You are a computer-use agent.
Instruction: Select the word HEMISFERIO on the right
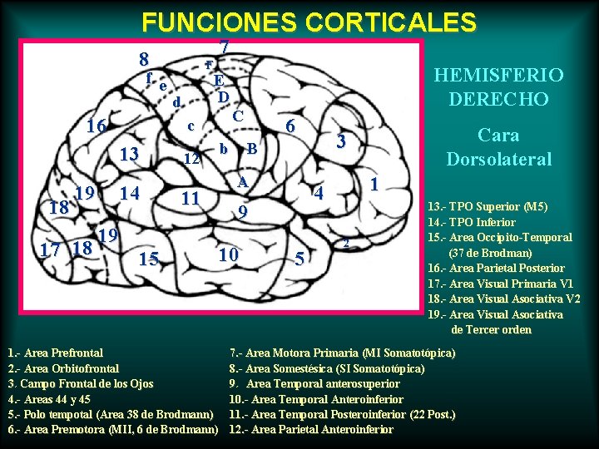[498, 75]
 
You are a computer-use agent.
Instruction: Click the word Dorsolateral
[498, 158]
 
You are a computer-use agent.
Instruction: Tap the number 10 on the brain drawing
[228, 254]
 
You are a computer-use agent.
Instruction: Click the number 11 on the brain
[191, 198]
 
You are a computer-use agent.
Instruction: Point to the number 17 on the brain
[53, 249]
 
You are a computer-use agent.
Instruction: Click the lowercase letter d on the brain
[176, 102]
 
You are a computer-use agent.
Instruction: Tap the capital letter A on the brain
[242, 182]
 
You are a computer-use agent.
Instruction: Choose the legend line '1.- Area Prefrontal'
[55, 353]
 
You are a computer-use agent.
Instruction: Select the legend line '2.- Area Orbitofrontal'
[63, 368]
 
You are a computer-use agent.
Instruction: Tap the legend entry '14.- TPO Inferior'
[471, 222]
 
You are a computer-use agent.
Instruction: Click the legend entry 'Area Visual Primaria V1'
[501, 284]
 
